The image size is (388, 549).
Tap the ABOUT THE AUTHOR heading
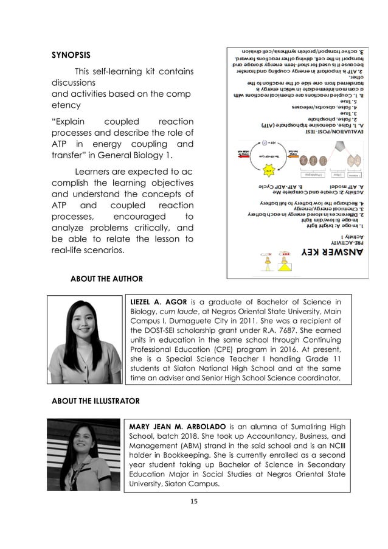(107, 279)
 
